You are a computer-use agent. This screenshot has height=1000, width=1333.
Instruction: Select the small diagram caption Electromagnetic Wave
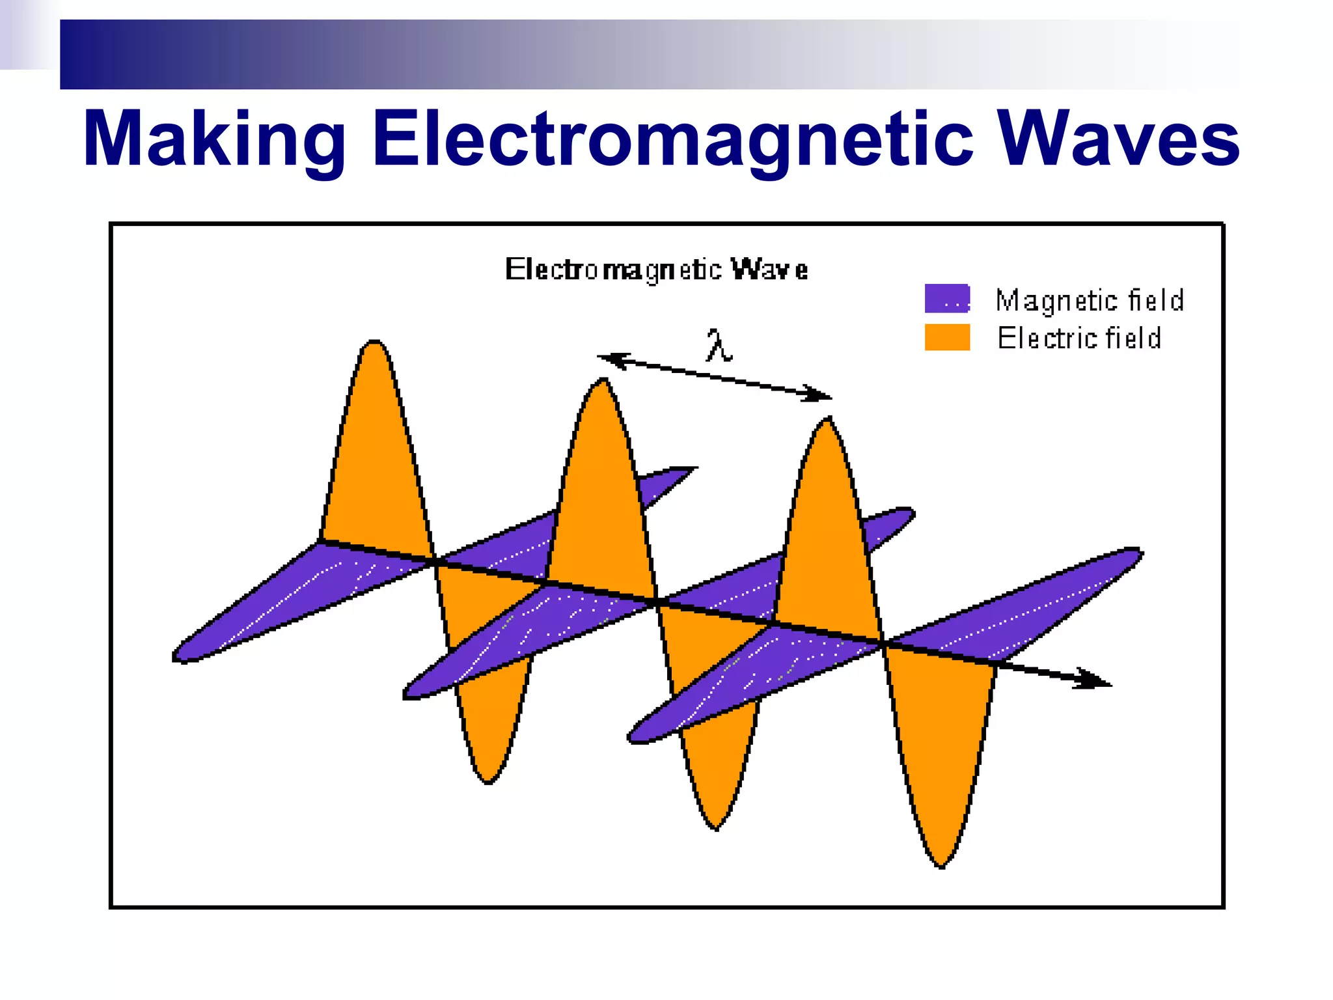click(656, 270)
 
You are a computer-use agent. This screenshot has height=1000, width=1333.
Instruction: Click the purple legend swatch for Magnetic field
click(947, 299)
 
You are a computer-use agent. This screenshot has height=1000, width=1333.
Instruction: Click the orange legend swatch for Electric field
click(947, 337)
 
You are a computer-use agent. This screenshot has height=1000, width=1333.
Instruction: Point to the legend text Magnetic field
click(1090, 301)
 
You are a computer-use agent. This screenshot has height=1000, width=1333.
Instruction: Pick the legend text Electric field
click(1079, 339)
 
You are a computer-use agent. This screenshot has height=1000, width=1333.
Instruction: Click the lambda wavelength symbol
click(719, 346)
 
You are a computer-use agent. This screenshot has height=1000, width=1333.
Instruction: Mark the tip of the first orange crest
click(374, 342)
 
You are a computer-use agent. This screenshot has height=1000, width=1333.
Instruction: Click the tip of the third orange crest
click(828, 420)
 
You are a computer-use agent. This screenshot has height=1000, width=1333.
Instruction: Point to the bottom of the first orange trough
click(488, 781)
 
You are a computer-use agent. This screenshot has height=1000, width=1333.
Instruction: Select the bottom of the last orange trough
click(941, 866)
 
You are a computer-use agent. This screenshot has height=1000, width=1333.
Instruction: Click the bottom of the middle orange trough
click(716, 828)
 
